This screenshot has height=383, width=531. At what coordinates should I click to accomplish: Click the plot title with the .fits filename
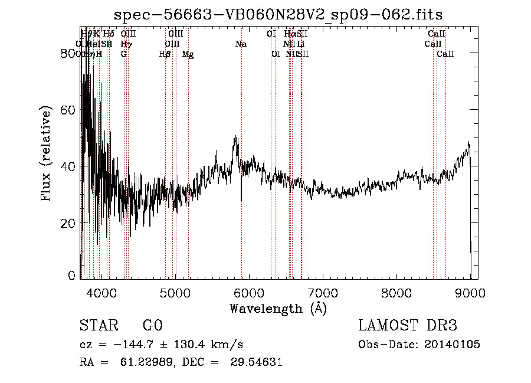click(278, 14)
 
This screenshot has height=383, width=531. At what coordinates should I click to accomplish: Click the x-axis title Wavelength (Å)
click(278, 308)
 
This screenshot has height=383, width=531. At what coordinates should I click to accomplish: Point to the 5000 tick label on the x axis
click(175, 293)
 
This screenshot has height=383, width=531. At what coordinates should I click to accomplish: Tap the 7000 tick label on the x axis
click(323, 293)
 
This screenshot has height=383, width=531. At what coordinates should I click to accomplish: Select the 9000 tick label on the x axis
click(470, 293)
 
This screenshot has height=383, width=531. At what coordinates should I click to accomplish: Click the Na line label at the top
click(241, 44)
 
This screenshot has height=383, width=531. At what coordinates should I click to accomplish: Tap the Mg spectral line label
click(188, 54)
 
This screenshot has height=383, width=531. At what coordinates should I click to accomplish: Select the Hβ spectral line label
click(165, 54)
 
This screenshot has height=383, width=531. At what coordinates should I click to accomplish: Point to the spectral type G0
click(152, 326)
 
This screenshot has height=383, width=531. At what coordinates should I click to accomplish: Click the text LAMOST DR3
click(408, 326)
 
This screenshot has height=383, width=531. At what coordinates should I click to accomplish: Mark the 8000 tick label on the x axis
click(396, 293)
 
